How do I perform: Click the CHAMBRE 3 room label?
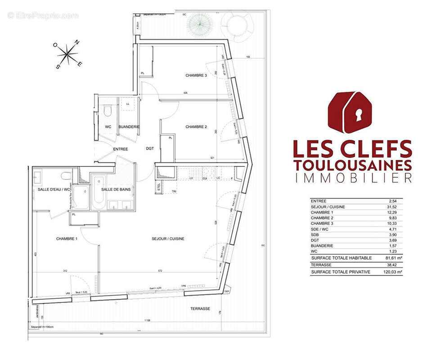click(196, 76)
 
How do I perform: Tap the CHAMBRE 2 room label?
click(196, 127)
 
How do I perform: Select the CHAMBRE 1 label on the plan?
click(67, 238)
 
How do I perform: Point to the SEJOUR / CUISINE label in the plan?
click(168, 238)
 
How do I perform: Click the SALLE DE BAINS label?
click(116, 189)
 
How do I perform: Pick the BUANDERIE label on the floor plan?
click(129, 127)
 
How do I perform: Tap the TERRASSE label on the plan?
click(200, 309)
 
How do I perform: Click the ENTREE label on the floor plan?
click(120, 149)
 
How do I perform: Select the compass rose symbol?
click(67, 54)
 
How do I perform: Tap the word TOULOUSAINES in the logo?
click(352, 164)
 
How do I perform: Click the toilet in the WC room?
click(108, 111)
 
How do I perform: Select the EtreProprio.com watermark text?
click(43, 16)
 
